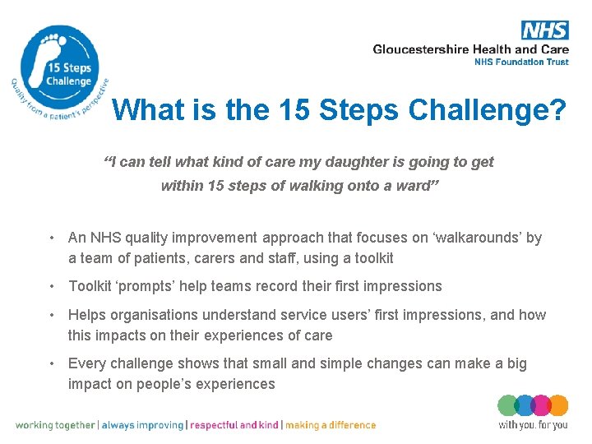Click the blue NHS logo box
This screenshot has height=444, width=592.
coord(544,30)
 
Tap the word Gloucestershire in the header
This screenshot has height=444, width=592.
coord(421,49)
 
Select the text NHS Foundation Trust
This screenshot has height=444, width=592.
coord(521,62)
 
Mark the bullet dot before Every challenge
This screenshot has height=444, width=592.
coord(52,363)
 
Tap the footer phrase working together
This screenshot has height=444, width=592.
coord(55,425)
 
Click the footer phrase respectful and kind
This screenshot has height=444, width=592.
coord(234,425)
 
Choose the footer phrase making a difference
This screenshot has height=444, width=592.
coord(331,425)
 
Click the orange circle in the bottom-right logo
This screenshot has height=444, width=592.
coord(558,405)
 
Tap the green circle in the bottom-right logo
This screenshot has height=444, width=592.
coord(508,405)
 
